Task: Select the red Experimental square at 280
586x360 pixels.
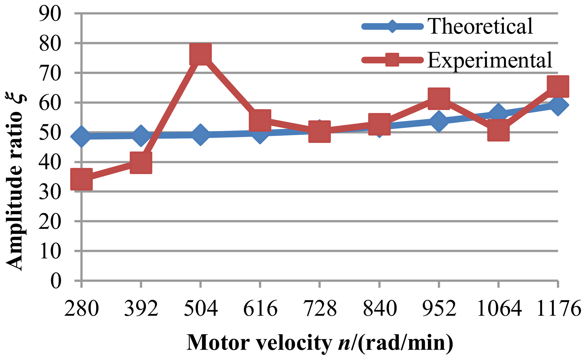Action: coord(81,179)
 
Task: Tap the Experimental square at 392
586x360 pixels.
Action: coord(141,162)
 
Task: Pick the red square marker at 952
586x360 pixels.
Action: coord(439,98)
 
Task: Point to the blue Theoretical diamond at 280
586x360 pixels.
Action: coord(81,136)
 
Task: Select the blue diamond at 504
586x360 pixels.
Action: coord(200,135)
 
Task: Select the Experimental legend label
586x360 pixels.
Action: coord(490,60)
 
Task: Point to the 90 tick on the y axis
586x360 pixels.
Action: coord(50,14)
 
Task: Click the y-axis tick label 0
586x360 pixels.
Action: coord(56,281)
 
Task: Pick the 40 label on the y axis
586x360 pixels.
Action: coord(50,162)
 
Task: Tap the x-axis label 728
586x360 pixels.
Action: coord(320,308)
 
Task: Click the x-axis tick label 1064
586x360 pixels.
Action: coord(499,308)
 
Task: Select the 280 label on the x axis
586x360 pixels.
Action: coord(81,308)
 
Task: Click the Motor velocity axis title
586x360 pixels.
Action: coord(320,343)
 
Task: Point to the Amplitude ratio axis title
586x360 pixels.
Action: coord(16,181)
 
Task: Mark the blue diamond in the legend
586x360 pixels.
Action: coord(392,26)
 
